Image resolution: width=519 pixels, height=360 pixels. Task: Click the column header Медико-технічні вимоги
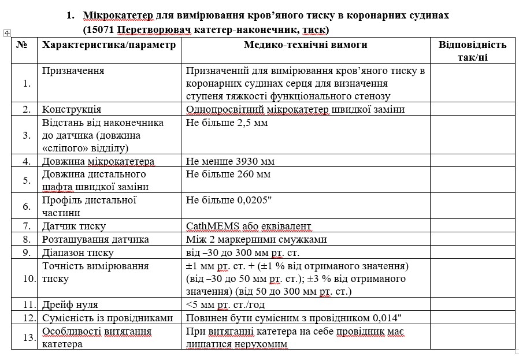(x=305, y=45)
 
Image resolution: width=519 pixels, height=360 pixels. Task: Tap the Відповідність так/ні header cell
(x=472, y=51)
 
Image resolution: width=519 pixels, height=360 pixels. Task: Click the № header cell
(x=23, y=45)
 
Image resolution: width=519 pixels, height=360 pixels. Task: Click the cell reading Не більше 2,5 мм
(x=227, y=123)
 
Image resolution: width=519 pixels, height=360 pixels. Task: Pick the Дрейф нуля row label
(x=70, y=305)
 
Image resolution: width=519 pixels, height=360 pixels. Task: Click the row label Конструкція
(x=72, y=109)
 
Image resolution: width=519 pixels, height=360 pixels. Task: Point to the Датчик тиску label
(x=74, y=226)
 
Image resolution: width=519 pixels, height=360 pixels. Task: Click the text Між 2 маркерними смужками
(x=257, y=239)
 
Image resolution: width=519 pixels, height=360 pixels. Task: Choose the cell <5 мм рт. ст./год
(x=225, y=305)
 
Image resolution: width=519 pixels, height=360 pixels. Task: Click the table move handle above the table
(x=7, y=34)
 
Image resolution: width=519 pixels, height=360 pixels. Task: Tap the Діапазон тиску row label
(x=78, y=253)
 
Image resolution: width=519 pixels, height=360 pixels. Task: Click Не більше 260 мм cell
(x=228, y=174)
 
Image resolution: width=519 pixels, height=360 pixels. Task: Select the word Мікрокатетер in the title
(x=120, y=15)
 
